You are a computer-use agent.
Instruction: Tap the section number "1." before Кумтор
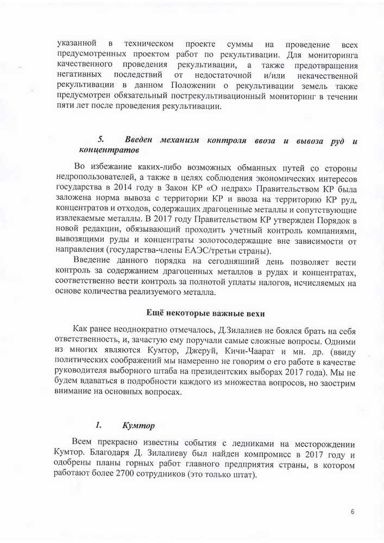coord(99,425)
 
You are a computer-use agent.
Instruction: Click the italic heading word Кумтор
coord(139,425)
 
